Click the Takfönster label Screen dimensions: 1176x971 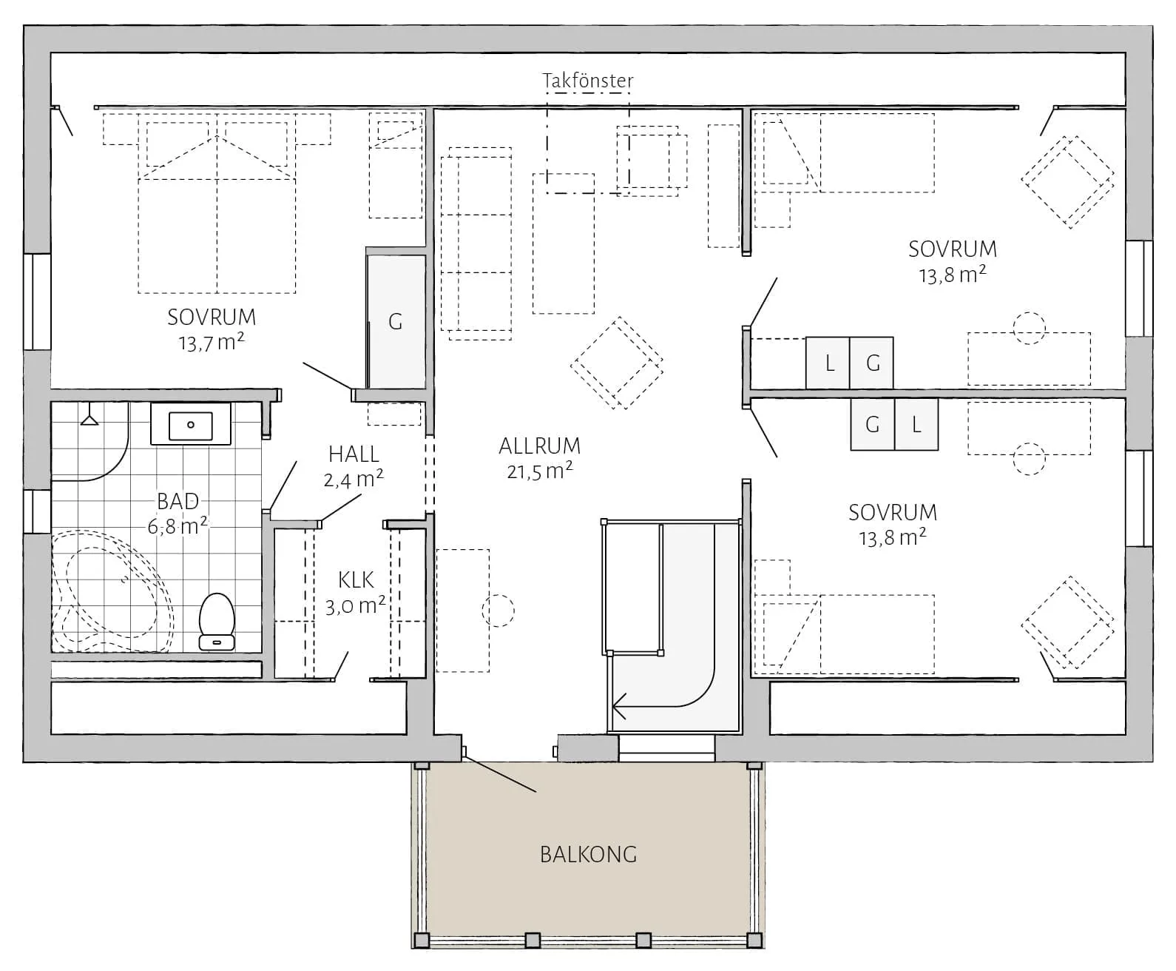pos(588,81)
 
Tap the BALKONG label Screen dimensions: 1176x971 pos(589,855)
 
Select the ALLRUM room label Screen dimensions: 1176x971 pos(540,446)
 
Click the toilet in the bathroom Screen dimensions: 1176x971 pos(217,622)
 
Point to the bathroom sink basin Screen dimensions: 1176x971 pos(191,426)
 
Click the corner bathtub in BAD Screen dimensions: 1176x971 pos(112,591)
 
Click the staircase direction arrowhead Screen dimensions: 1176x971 pos(620,705)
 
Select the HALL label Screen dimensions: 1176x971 pos(354,454)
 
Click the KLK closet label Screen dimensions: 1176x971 pos(356,580)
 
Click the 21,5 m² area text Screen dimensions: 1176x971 pos(540,471)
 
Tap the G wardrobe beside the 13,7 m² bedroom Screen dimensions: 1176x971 pos(396,321)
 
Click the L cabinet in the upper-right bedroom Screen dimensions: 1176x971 pos(828,363)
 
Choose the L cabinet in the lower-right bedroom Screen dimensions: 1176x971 pos(916,424)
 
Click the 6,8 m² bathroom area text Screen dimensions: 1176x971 pos(178,526)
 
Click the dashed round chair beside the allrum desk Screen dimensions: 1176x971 pos(498,611)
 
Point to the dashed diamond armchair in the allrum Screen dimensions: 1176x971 pos(617,363)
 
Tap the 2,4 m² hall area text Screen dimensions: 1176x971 pos(354,479)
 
